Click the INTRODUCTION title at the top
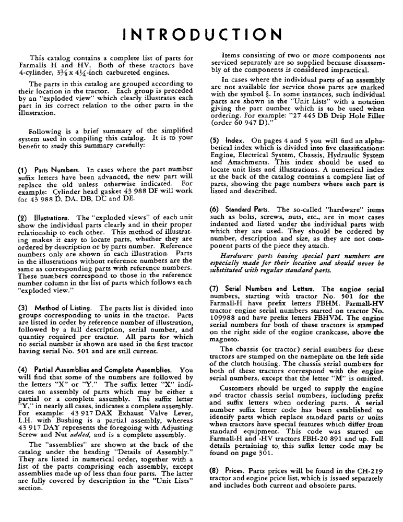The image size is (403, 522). point(201,34)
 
